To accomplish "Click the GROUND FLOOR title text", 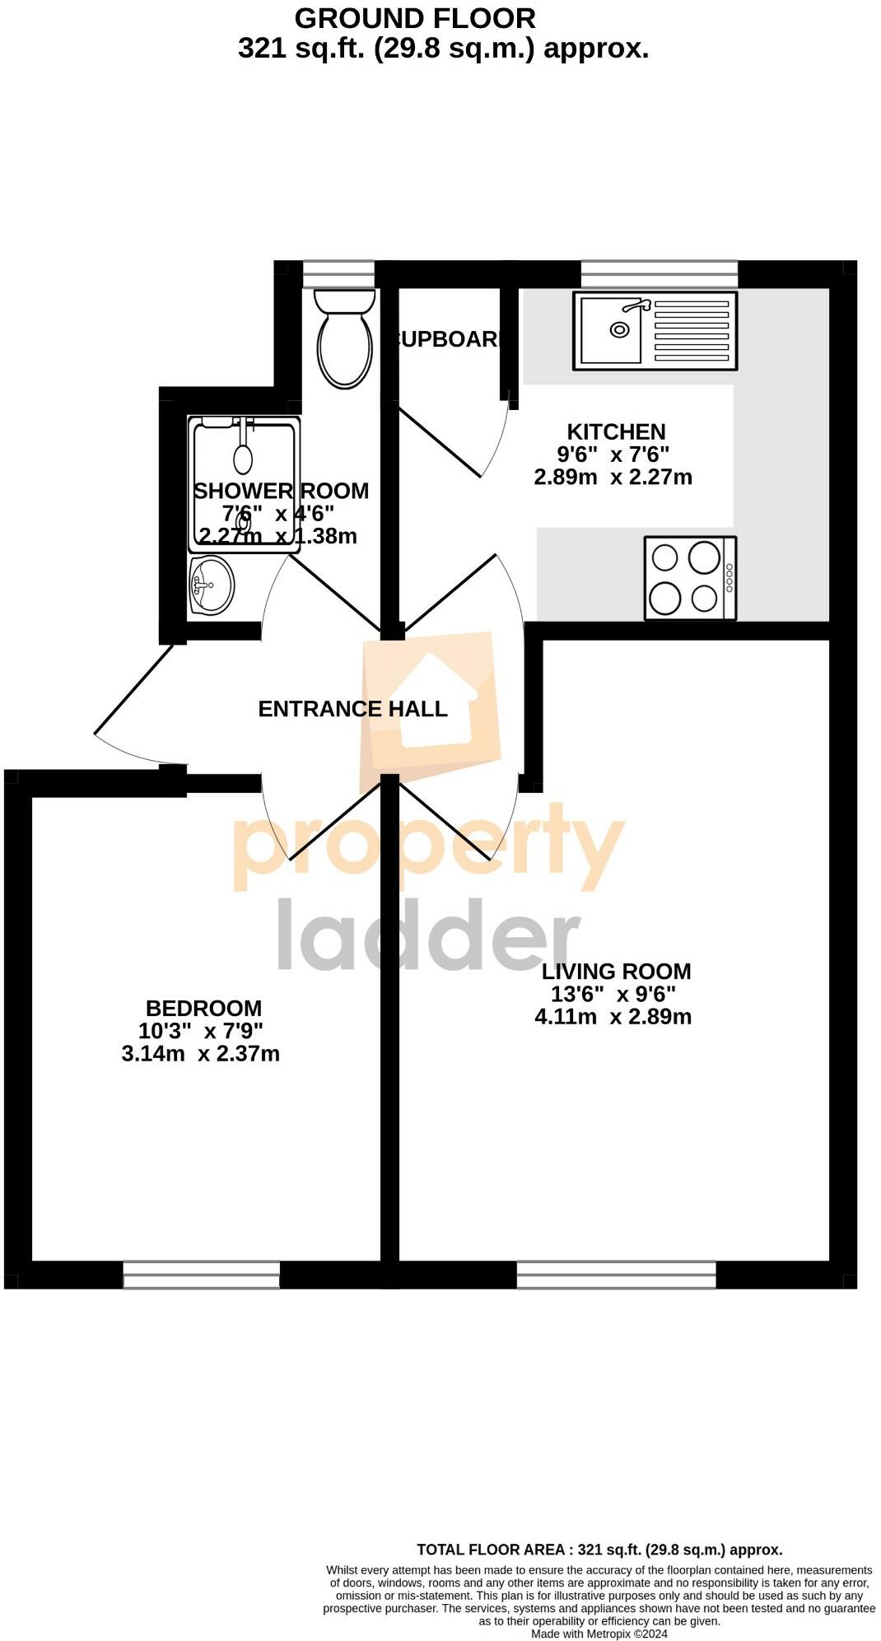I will coord(415,18).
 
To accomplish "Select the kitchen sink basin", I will coord(611,329).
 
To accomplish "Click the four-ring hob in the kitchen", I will coord(690,578).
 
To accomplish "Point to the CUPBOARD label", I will coord(447,339).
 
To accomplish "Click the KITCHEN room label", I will coord(616,431).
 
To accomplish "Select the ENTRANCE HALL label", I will coord(352,709).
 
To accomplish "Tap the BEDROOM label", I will coord(203,1008).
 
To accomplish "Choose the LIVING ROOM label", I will coord(616,972).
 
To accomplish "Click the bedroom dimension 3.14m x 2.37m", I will coord(201,1054).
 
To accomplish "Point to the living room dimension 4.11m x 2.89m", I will coord(613,1017).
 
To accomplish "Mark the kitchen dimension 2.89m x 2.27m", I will coord(613,477).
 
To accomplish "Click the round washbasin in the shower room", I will coord(211,585).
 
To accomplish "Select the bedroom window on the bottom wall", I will coord(202,1275).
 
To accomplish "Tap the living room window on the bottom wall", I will coord(616,1275).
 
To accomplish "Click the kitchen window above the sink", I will coord(659,273).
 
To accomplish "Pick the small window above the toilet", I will coord(338,273).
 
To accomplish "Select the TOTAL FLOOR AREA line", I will coord(599,1550).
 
